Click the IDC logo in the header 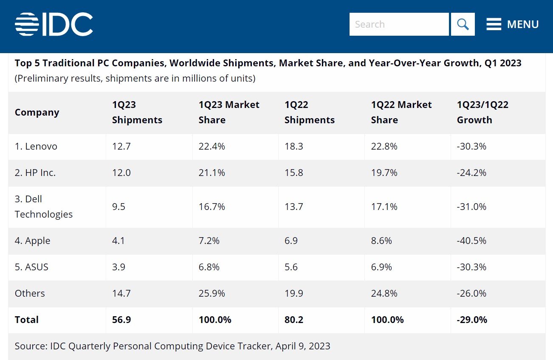click(x=54, y=24)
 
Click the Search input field click(x=398, y=24)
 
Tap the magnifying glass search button click(x=463, y=24)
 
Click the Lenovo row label click(x=36, y=146)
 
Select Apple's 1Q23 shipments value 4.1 click(x=118, y=241)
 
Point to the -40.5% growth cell click(x=471, y=241)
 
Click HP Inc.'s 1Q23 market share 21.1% click(x=212, y=173)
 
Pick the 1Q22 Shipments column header click(x=309, y=112)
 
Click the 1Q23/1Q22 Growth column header click(x=482, y=112)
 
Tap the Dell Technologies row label click(x=43, y=207)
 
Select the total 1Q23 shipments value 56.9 click(x=121, y=320)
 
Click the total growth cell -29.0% click(x=472, y=320)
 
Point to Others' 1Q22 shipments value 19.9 click(x=293, y=293)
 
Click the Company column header click(x=37, y=112)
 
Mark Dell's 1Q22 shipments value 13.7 click(x=293, y=207)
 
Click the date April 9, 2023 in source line click(x=302, y=346)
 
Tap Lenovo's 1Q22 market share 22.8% click(x=384, y=146)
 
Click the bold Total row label click(x=26, y=320)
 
